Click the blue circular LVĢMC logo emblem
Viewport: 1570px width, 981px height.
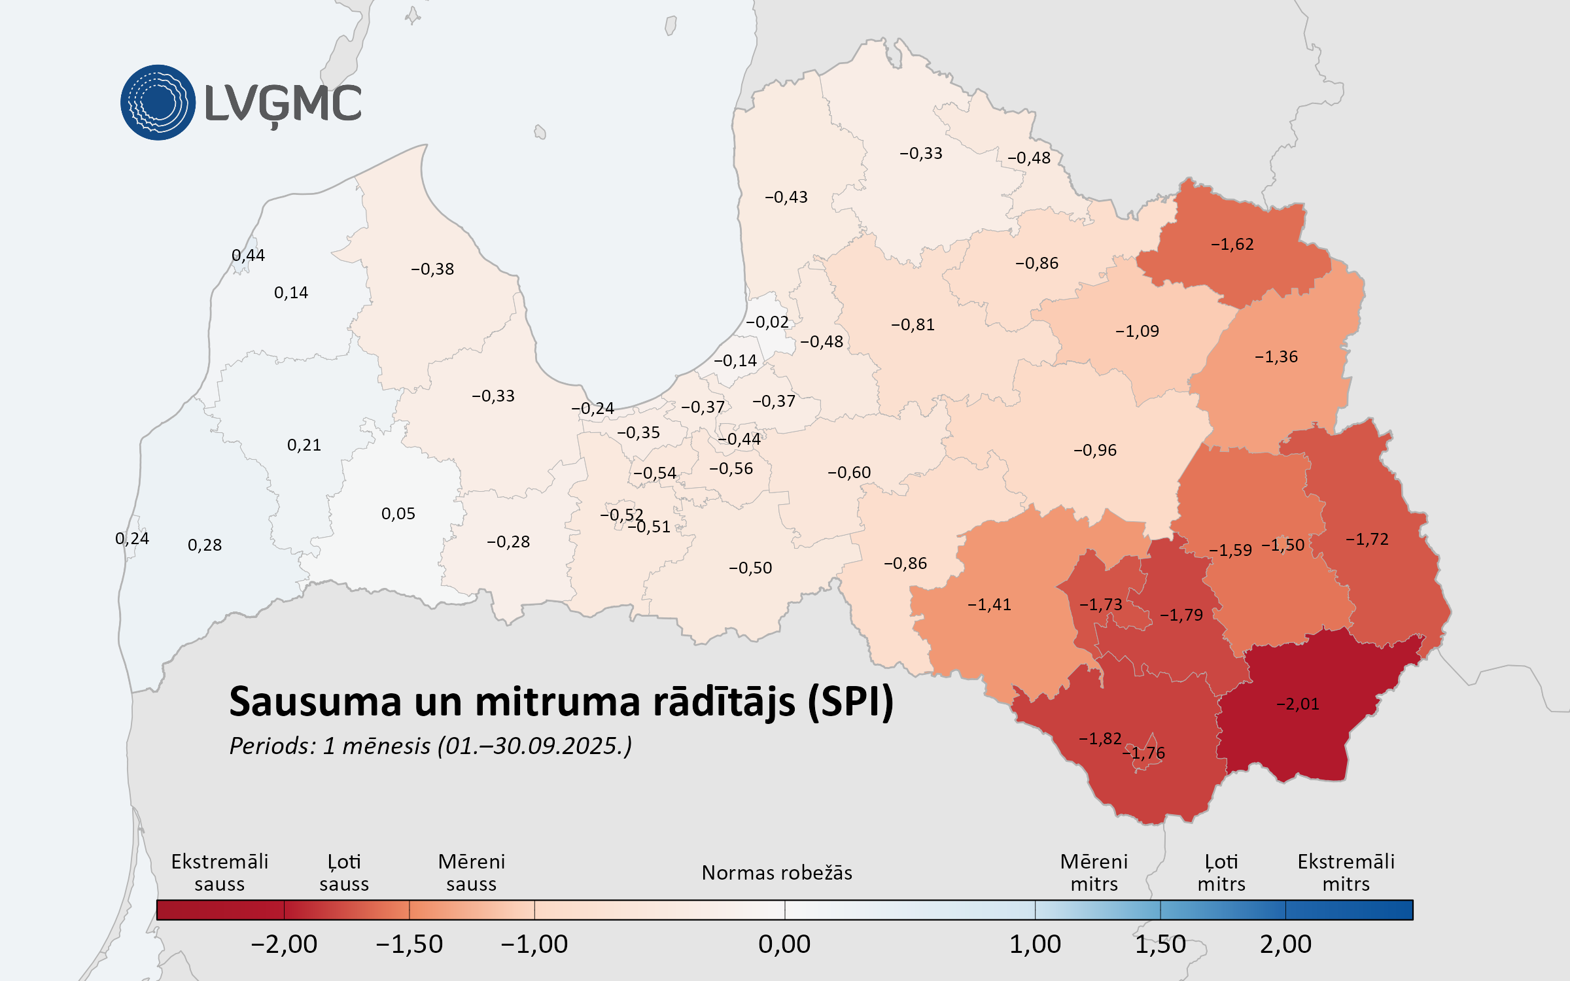pyautogui.click(x=158, y=103)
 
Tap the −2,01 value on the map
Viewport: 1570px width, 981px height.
pyautogui.click(x=1298, y=704)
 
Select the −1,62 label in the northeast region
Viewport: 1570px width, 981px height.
pyautogui.click(x=1232, y=245)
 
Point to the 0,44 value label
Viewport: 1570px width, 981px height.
pyautogui.click(x=249, y=256)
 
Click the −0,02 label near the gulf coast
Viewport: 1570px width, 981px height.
pyautogui.click(x=767, y=322)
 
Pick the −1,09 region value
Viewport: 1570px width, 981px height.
pyautogui.click(x=1137, y=332)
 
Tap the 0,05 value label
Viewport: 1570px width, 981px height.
pyautogui.click(x=398, y=514)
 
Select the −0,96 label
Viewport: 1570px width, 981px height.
pyautogui.click(x=1095, y=451)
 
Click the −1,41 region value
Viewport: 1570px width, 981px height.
pyautogui.click(x=989, y=605)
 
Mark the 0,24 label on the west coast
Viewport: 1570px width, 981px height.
pyautogui.click(x=132, y=539)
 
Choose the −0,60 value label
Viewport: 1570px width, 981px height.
pyautogui.click(x=849, y=473)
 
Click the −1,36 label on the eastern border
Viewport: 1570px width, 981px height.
pyautogui.click(x=1276, y=357)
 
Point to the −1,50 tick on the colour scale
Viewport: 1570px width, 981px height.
pyautogui.click(x=410, y=944)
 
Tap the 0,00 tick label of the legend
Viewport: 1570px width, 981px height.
pyautogui.click(x=784, y=944)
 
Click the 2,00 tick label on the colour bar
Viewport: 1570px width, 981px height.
pyautogui.click(x=1285, y=944)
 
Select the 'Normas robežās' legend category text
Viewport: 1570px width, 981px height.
pyautogui.click(x=776, y=873)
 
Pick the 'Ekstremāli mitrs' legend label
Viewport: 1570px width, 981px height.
pyautogui.click(x=1346, y=873)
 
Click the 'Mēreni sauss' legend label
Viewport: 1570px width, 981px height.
pyautogui.click(x=471, y=873)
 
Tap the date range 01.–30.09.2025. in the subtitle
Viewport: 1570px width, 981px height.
pyautogui.click(x=534, y=746)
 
